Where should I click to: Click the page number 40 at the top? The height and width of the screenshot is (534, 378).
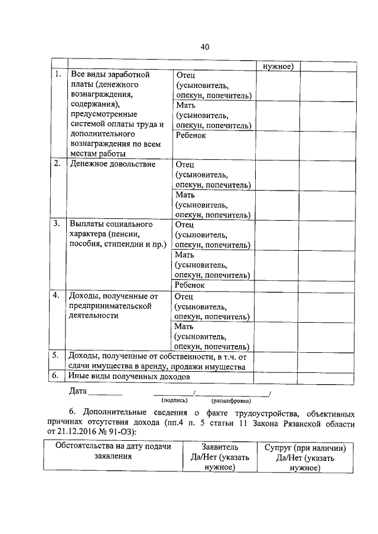point(205,47)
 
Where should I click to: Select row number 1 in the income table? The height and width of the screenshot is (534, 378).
point(57,75)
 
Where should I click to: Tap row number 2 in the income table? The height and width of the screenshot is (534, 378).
point(57,164)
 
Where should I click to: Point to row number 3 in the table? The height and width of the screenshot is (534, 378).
point(57,224)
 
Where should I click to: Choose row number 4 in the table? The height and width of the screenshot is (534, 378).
point(57,295)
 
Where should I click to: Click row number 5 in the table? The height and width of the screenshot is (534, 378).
point(54,355)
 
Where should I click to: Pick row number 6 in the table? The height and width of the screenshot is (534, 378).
point(54,375)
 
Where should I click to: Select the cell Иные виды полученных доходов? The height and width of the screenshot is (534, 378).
point(129,376)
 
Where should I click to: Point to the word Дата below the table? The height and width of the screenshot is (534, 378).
point(78,391)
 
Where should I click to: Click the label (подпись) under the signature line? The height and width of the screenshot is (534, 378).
point(174,400)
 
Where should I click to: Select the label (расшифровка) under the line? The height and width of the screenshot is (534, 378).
point(231,400)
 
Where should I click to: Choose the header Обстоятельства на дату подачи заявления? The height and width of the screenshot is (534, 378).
point(113,451)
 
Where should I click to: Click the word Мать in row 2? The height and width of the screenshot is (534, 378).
point(185,194)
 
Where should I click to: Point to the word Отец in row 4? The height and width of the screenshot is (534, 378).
point(185,295)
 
